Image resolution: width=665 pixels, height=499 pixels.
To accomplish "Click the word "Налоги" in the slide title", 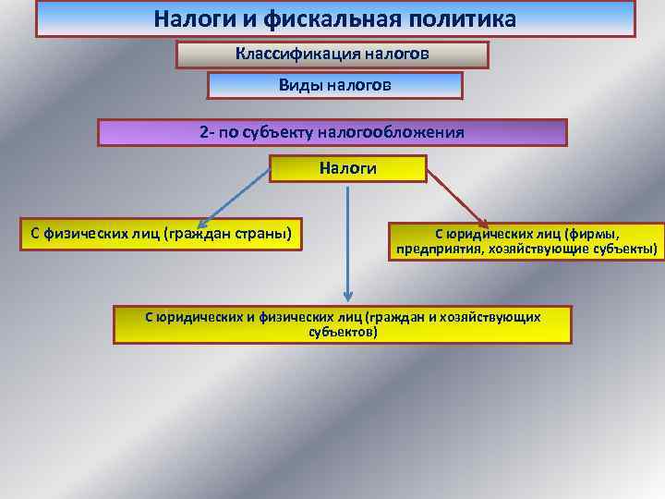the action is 190,18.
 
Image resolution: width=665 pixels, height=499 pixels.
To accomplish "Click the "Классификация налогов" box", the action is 332,55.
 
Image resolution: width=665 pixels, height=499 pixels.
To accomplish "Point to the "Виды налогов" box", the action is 334,86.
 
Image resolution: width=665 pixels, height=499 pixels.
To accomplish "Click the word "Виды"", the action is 298,85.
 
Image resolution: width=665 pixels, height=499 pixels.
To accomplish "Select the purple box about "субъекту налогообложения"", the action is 332,132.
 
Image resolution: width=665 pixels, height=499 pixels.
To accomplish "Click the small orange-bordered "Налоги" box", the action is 347,168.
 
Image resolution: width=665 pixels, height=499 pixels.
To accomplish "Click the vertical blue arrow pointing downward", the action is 347,240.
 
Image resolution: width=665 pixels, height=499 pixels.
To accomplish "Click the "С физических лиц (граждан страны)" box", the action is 161,233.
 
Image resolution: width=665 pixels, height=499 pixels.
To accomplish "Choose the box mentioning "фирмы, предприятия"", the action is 526,242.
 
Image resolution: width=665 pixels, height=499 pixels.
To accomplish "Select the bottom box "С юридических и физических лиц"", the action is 343,324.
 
